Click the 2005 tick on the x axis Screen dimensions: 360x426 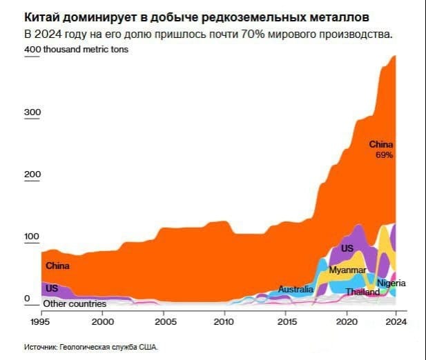[164, 321]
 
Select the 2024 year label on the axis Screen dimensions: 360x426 [396, 321]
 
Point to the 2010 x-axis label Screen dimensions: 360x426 [224, 321]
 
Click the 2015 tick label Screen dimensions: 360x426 [284, 321]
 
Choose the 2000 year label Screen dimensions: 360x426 [103, 321]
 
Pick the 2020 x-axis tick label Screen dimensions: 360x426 [345, 321]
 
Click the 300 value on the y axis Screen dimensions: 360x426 [33, 112]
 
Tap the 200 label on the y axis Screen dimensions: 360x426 [33, 174]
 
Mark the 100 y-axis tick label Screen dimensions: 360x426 [33, 237]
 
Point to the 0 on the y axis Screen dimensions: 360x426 [28, 298]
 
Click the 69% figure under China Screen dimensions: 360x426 [384, 155]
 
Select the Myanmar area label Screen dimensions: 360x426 [347, 270]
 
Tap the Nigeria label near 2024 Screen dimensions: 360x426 [391, 283]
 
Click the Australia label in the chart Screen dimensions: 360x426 [296, 289]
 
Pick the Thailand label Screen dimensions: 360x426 [362, 292]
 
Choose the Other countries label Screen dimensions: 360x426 [75, 303]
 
